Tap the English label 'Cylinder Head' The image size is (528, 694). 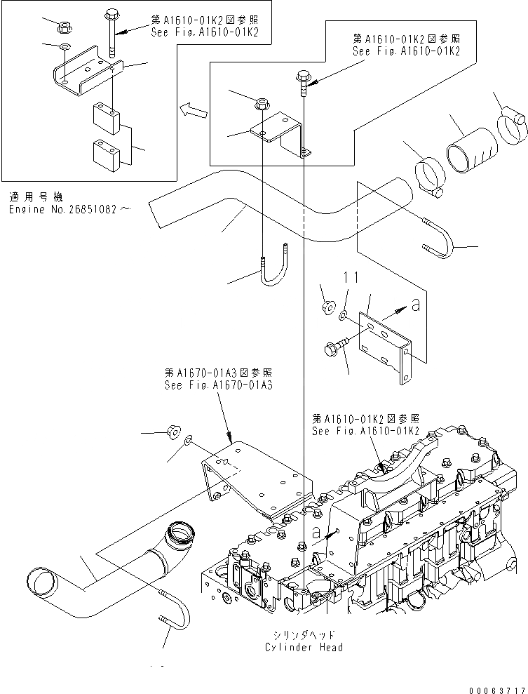point(304,647)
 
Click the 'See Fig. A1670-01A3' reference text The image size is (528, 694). point(218,385)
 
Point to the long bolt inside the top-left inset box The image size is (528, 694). point(111,36)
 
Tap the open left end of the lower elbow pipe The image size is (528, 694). point(41,580)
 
